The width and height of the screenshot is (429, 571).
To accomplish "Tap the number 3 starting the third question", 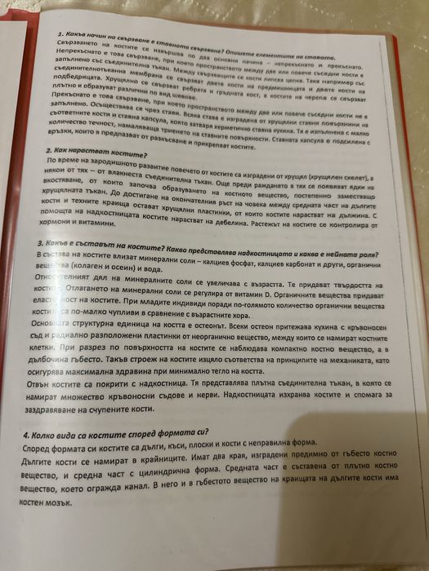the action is pos(41,242).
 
